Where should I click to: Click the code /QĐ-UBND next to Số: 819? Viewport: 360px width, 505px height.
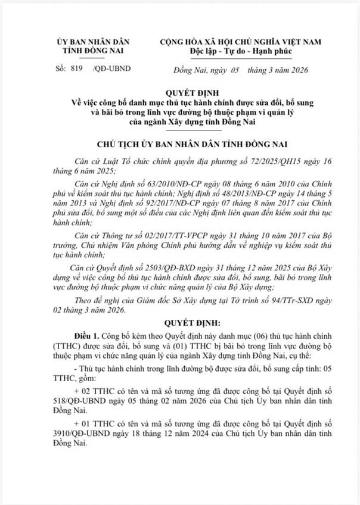pos(112,69)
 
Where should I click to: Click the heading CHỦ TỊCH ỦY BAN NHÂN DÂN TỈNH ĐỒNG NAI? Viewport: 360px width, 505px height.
pos(180,145)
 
